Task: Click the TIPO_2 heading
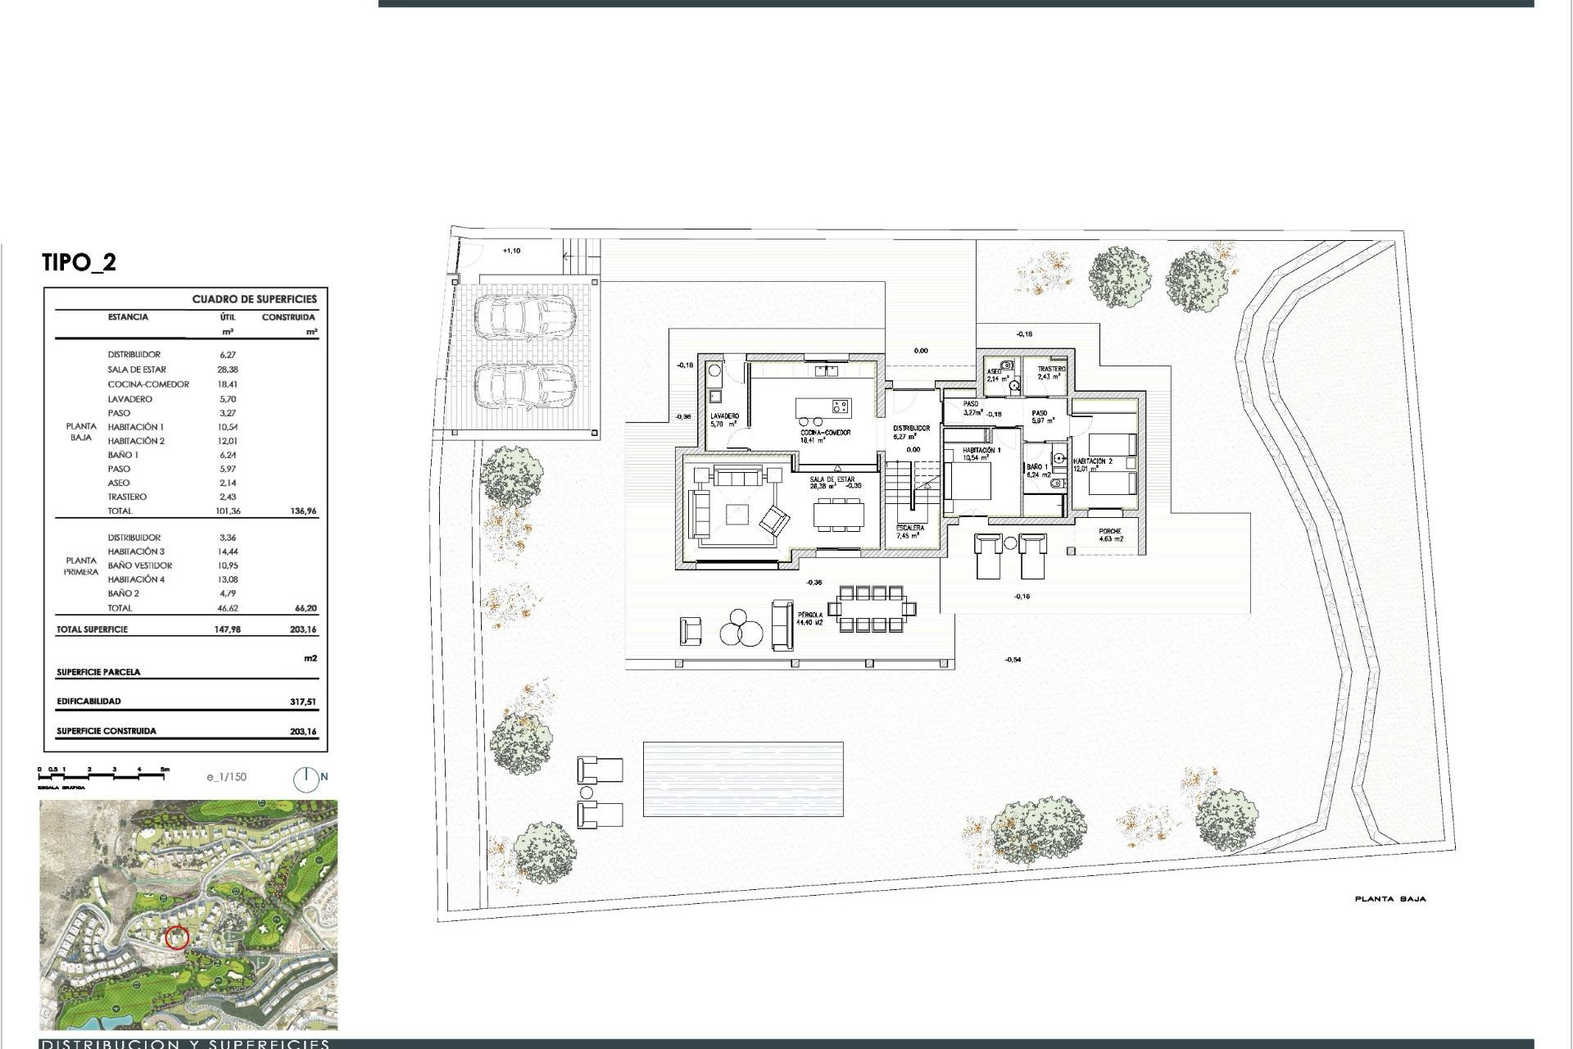pos(79,263)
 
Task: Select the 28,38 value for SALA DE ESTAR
pos(227,370)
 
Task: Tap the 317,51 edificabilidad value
pos(302,702)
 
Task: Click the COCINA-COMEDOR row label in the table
pos(148,384)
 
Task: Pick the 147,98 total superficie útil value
pos(227,630)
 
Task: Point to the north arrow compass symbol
pos(306,779)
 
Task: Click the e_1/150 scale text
pos(226,777)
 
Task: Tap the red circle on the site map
pos(177,938)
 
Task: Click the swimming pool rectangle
pos(743,779)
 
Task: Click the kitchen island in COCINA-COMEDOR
pos(823,407)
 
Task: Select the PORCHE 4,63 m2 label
pos(1110,535)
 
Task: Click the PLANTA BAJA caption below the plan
pos(1389,899)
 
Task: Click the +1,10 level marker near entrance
pos(511,251)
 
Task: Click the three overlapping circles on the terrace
pos(741,629)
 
